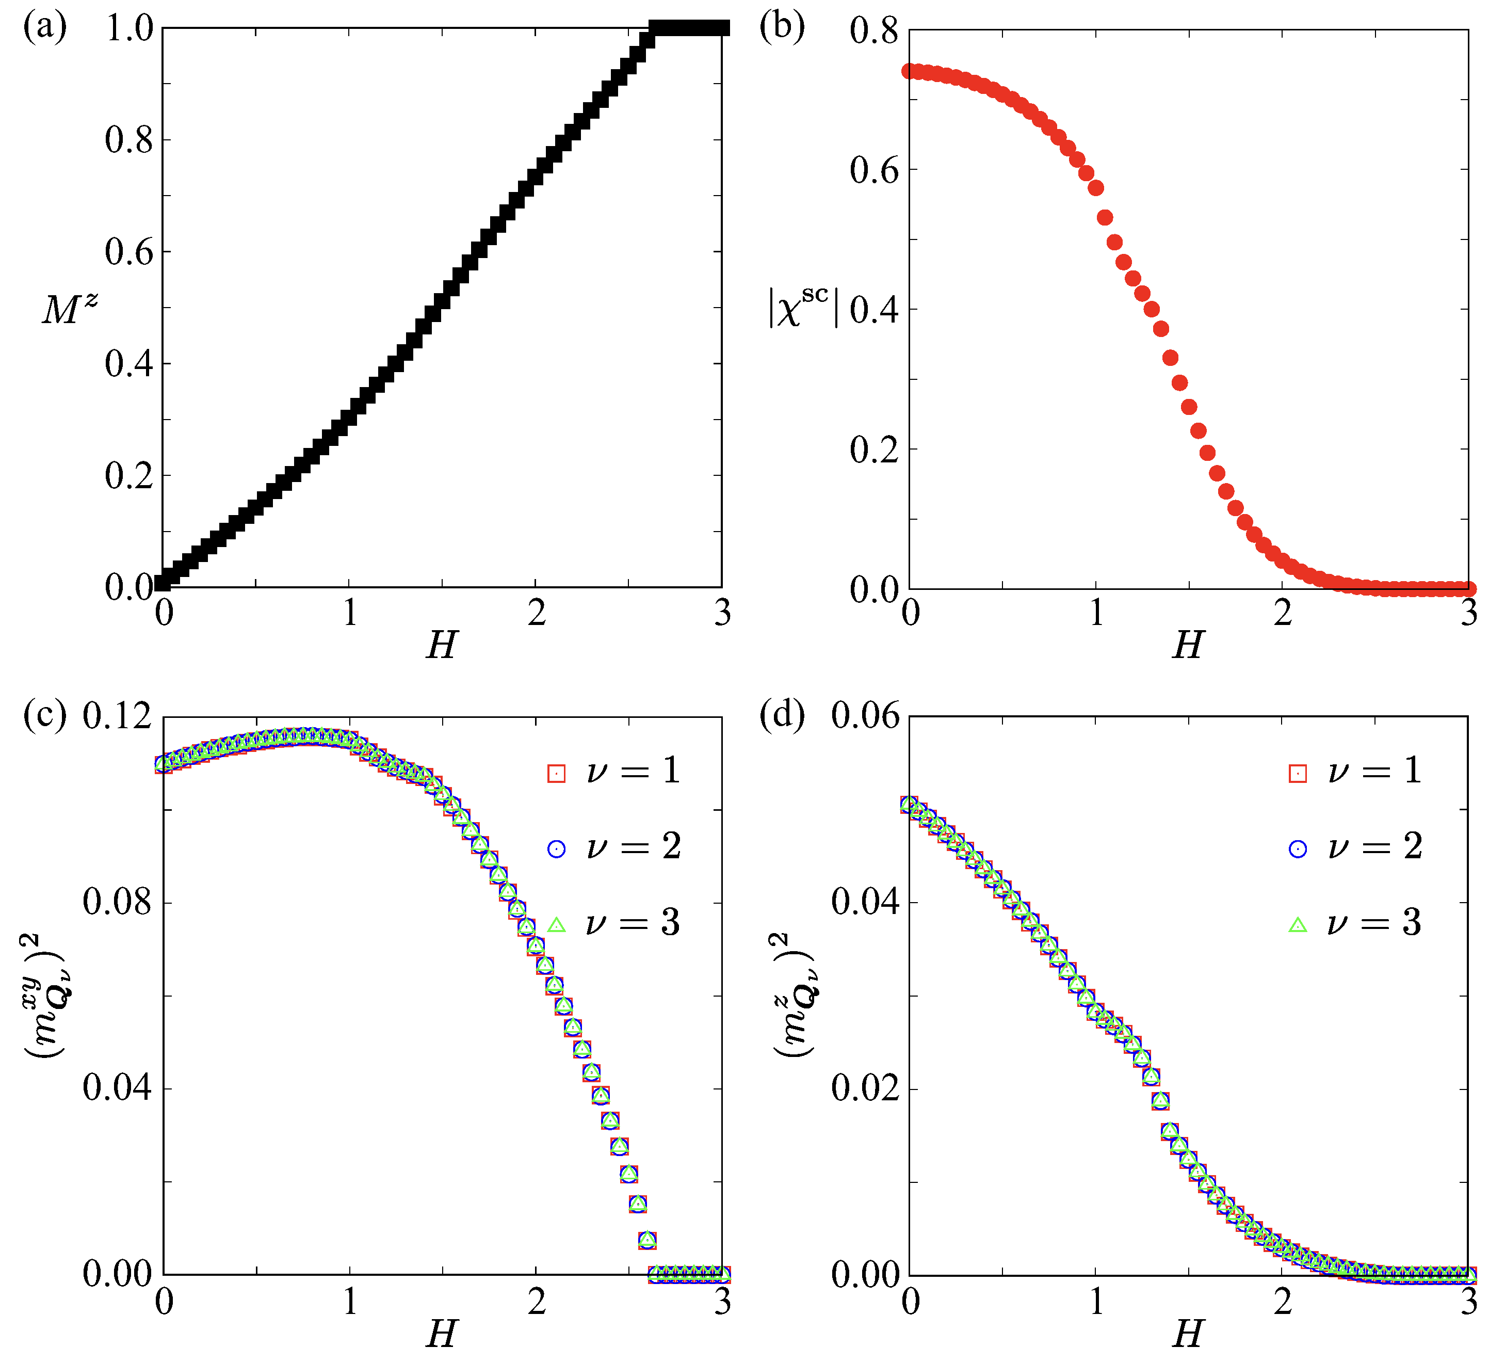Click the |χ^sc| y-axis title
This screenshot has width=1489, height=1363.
tap(802, 307)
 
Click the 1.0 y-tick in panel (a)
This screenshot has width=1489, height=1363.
tap(130, 29)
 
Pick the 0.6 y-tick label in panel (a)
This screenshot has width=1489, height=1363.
tap(130, 252)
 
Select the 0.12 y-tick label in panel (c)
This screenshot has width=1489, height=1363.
tap(117, 716)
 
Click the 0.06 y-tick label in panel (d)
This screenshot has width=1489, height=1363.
tap(865, 716)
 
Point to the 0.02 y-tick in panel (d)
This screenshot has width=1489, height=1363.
tap(865, 1088)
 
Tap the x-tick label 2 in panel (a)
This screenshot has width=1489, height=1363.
tap(536, 613)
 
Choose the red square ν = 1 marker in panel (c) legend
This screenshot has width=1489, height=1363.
tap(556, 773)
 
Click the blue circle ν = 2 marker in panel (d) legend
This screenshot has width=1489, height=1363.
tap(1298, 849)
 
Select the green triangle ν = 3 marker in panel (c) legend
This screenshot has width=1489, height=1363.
tap(556, 925)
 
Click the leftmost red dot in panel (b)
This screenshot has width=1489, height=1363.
tap(910, 71)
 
